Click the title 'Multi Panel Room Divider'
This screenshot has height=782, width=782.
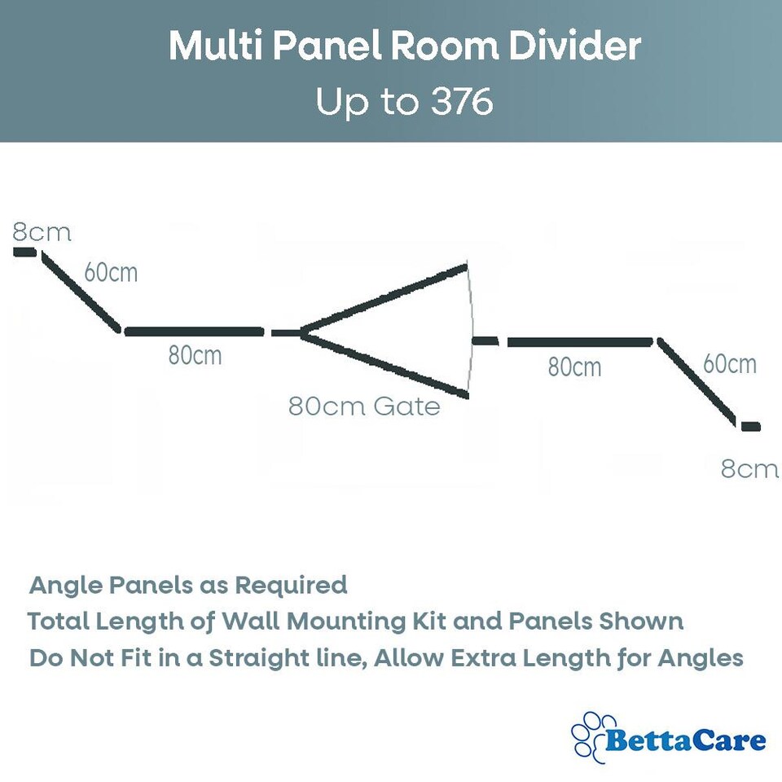(x=405, y=47)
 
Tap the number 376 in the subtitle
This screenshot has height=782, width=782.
(x=459, y=103)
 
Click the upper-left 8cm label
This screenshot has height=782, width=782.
(x=42, y=233)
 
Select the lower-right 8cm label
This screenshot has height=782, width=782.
(x=749, y=469)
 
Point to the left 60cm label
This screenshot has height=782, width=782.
(x=111, y=272)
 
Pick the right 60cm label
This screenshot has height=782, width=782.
(x=730, y=363)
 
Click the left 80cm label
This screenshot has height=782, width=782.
(x=195, y=355)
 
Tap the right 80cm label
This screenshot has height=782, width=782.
(x=574, y=367)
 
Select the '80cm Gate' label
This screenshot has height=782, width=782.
(x=364, y=406)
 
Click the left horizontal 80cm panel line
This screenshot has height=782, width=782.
(x=194, y=332)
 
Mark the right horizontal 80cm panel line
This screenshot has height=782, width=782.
(x=579, y=342)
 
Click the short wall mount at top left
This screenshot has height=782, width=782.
(x=24, y=253)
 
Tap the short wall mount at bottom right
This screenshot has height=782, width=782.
(x=749, y=426)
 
